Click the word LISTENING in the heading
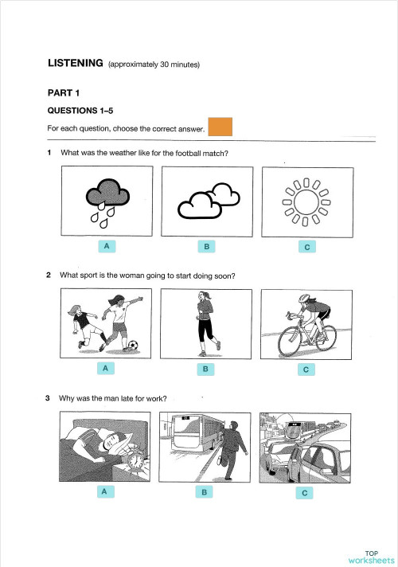tap(76, 63)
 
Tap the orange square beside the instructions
tap(219, 127)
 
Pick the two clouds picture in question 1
tap(207, 201)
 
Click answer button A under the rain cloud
tap(104, 247)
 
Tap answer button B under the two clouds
tap(205, 248)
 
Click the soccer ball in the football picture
tap(132, 346)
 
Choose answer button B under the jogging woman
tap(205, 370)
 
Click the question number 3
tap(49, 398)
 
